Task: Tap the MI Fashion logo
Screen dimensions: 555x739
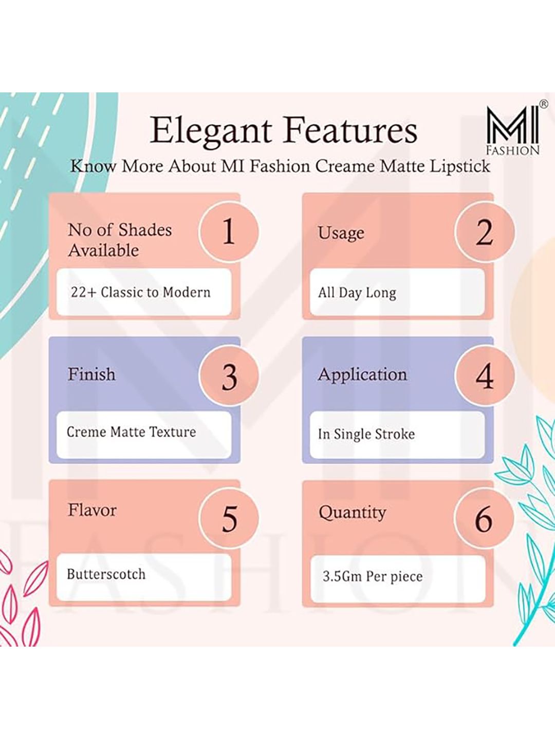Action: pos(514,130)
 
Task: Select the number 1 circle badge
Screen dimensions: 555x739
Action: pos(229,231)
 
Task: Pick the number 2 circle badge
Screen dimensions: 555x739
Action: pos(484,231)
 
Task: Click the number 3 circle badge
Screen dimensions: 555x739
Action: pos(229,375)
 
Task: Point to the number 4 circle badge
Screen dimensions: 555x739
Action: pos(484,375)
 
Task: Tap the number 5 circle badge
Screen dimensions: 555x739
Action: pos(229,518)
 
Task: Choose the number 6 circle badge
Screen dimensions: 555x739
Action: pos(484,518)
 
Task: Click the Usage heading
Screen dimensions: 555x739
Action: pos(341,233)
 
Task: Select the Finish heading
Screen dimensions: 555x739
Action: pos(91,375)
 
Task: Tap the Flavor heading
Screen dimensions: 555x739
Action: pos(92,511)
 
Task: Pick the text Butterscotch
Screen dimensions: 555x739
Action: pos(106,574)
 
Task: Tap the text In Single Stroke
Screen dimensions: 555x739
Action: pos(366,434)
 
